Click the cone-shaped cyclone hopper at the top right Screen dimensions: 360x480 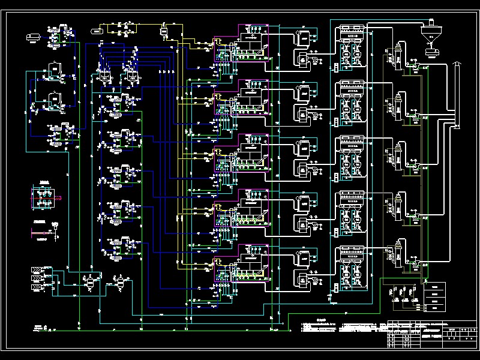point(430,37)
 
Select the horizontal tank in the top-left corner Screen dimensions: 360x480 point(33,37)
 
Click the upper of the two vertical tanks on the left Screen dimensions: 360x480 point(55,71)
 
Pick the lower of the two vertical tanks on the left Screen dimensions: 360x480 point(55,100)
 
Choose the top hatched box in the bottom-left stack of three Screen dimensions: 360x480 point(36,270)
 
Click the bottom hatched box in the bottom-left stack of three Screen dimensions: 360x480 point(36,289)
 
